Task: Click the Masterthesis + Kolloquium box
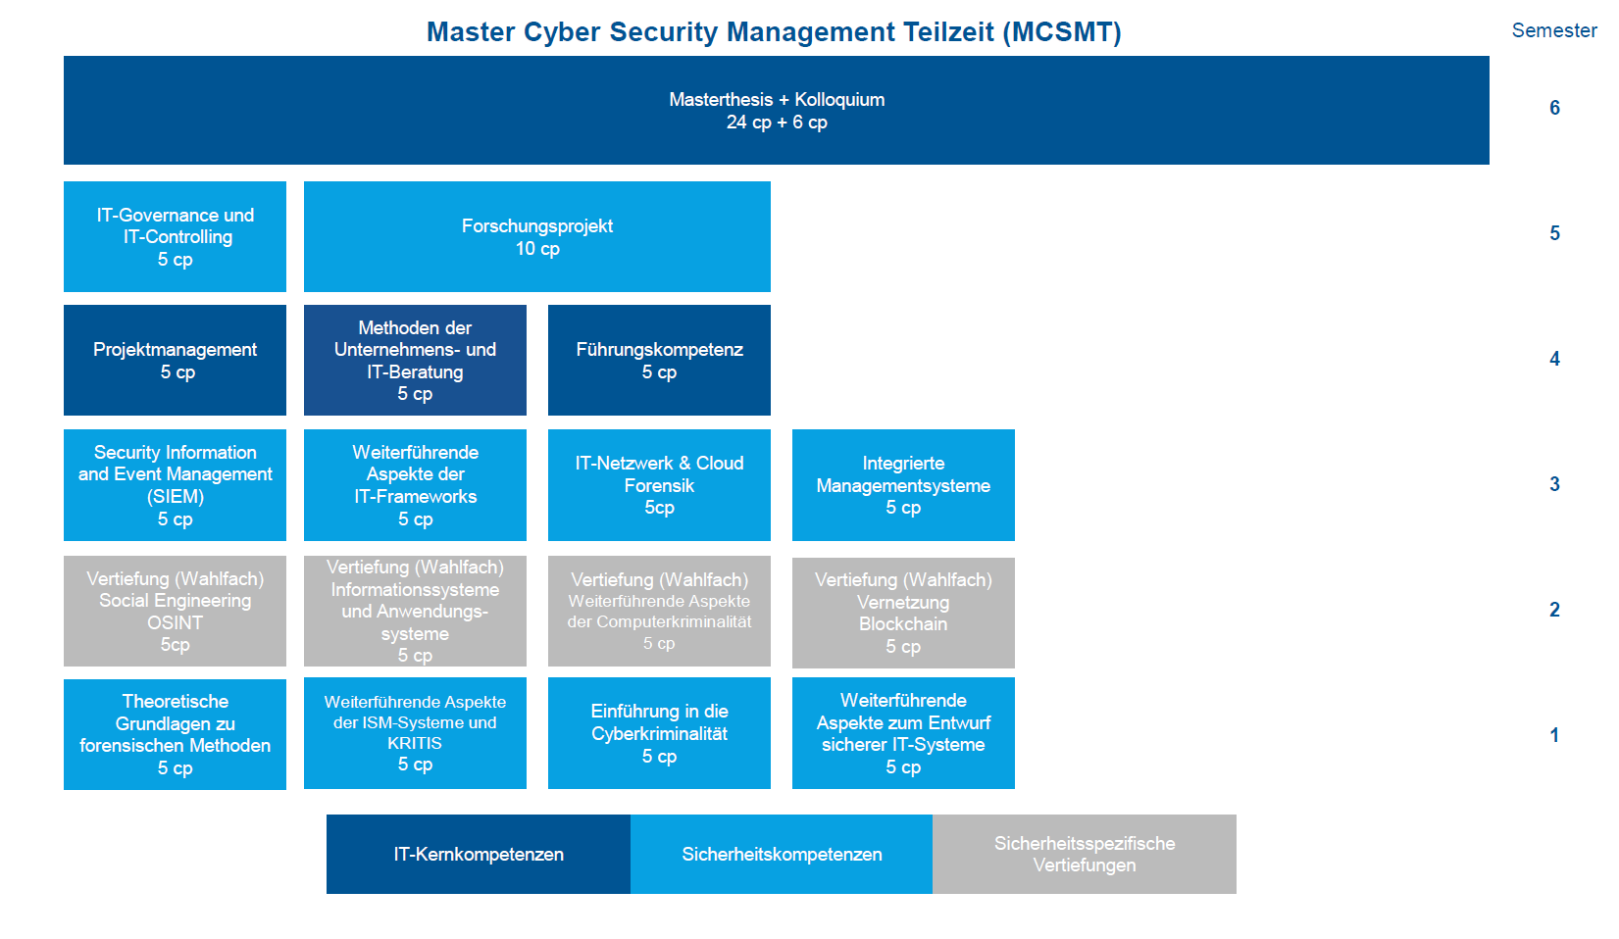[777, 111]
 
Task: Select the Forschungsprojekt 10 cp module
[537, 237]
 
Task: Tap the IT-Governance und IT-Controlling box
[175, 237]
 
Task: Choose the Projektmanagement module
[175, 361]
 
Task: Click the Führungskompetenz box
[659, 361]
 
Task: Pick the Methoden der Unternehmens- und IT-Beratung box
[415, 361]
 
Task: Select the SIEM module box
[175, 485]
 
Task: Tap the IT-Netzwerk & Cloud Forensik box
[659, 485]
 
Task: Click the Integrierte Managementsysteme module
[903, 485]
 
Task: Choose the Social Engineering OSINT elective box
[175, 611]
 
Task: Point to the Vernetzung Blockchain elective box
[903, 613]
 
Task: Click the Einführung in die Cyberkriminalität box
[659, 733]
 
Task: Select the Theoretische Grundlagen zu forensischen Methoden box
[175, 734]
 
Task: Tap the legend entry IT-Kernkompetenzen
[479, 855]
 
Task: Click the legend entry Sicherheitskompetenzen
[782, 855]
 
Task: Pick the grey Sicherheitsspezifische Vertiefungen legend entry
[1085, 855]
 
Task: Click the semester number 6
[1554, 109]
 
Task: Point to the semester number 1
[1554, 735]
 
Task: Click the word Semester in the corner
[1554, 30]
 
